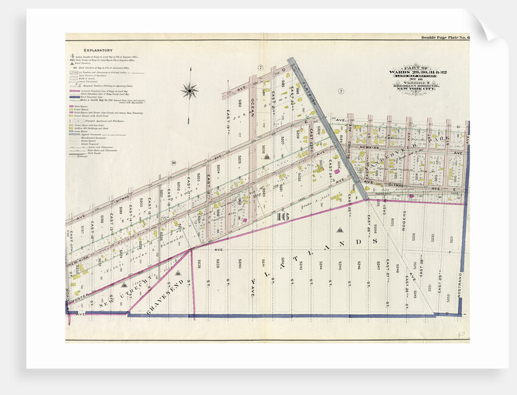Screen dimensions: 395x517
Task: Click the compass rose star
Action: pyautogui.click(x=190, y=91)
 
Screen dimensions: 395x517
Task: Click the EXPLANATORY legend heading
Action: pyautogui.click(x=99, y=50)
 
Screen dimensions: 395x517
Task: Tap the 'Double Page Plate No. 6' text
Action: pyautogui.click(x=443, y=38)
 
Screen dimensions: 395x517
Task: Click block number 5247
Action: pyautogui.click(x=378, y=266)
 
